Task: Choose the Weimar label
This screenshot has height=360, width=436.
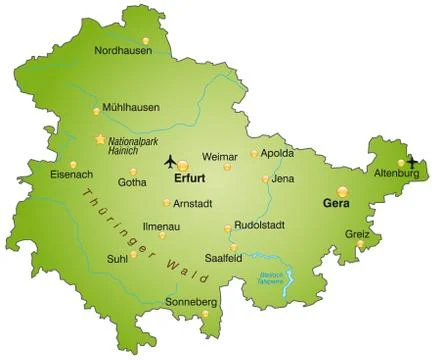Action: (220, 156)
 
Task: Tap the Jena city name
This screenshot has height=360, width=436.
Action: (282, 179)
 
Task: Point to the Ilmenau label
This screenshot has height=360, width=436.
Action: (161, 227)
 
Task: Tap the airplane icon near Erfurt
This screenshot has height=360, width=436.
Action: (170, 160)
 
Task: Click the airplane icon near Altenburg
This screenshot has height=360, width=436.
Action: (413, 162)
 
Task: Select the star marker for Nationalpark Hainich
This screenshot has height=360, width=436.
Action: (99, 139)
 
